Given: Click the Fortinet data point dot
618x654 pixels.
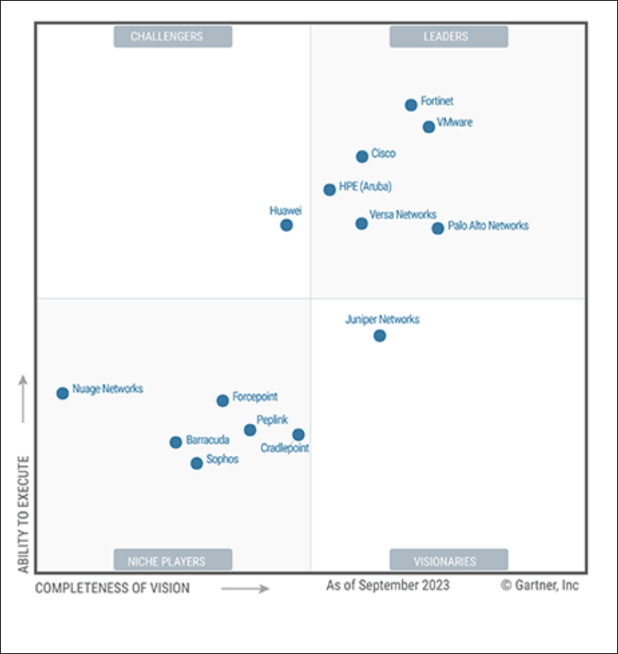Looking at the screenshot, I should click(x=411, y=105).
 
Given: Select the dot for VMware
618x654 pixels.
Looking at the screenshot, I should click(x=428, y=127).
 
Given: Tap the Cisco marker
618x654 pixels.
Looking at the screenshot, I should click(x=362, y=157).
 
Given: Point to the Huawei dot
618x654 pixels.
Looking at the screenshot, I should click(x=287, y=225).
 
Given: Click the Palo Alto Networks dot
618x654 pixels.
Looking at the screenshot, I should click(x=438, y=228).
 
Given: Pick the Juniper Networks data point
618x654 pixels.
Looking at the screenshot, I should click(x=380, y=336).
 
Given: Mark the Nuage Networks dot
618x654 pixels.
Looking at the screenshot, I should click(x=63, y=393).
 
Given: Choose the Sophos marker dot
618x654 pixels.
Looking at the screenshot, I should click(x=197, y=463).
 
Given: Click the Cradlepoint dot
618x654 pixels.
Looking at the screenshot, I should click(x=299, y=435).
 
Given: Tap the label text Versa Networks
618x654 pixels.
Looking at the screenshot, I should click(x=403, y=214).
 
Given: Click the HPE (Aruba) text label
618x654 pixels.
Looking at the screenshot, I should click(x=365, y=187).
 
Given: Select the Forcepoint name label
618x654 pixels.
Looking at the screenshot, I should click(x=254, y=397).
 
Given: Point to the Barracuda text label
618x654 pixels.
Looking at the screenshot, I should click(x=207, y=440).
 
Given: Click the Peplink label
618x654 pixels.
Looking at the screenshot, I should click(x=272, y=420).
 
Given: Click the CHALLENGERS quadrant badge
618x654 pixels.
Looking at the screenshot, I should click(x=173, y=36).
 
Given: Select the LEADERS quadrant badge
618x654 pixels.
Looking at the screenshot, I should click(x=448, y=36).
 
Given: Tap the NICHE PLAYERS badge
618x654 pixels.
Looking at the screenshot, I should click(x=173, y=561).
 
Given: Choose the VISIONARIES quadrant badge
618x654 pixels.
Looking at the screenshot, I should click(x=448, y=561).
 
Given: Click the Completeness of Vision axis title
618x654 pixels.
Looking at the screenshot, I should click(x=113, y=588).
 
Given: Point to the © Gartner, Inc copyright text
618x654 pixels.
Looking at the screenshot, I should click(x=539, y=586).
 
